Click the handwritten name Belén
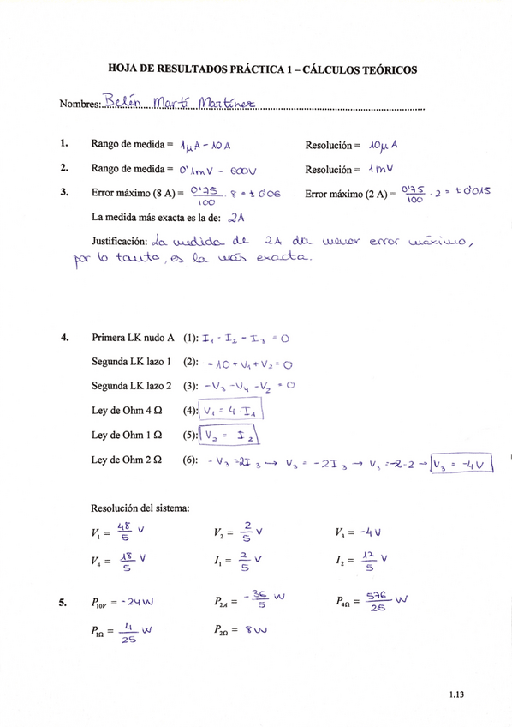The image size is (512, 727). point(119,105)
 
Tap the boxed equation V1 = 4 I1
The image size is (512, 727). point(230,412)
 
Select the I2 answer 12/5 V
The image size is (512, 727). point(372,562)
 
